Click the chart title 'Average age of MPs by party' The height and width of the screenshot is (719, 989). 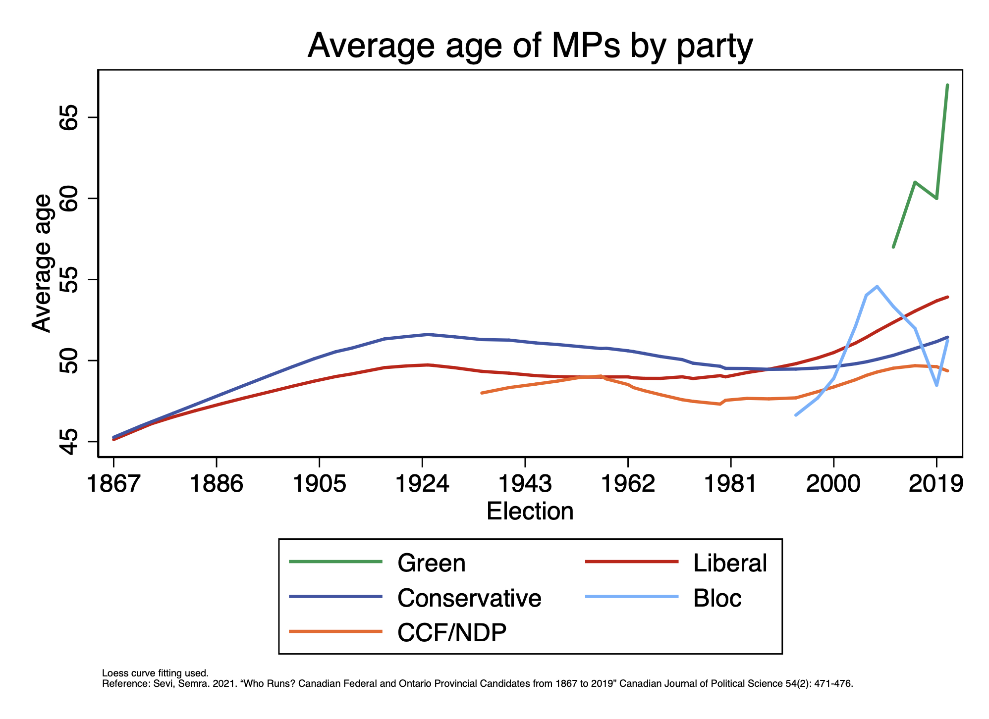[530, 46]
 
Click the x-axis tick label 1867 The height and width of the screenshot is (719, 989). [113, 484]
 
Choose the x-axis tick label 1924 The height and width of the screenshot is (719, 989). [422, 484]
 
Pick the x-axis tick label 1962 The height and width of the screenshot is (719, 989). [628, 484]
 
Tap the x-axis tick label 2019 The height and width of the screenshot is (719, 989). [936, 484]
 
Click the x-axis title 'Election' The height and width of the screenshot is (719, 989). [530, 511]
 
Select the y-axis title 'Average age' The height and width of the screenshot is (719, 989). [42, 263]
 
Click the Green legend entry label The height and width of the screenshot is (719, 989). [431, 563]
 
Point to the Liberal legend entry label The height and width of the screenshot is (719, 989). [729, 563]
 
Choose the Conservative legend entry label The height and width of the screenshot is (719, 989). [469, 598]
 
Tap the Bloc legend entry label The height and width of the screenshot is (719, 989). [717, 598]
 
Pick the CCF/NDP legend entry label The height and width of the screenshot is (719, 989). [451, 632]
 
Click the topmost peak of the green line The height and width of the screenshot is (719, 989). [947, 85]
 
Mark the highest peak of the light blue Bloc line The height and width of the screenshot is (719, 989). [877, 286]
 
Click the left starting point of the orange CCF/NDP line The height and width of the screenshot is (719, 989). [482, 393]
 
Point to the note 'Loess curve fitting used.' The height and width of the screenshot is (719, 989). [155, 673]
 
